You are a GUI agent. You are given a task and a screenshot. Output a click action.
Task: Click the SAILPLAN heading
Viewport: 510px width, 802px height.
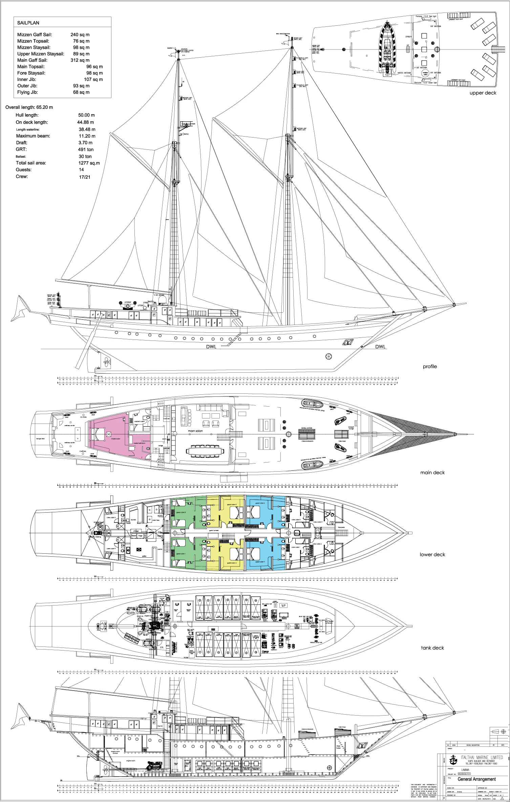28,23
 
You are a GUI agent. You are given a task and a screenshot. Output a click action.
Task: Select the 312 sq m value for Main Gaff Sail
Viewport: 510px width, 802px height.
80,60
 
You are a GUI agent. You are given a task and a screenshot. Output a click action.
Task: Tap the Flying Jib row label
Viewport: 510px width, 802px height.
27,92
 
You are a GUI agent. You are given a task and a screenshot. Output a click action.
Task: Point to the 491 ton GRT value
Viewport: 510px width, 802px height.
86,149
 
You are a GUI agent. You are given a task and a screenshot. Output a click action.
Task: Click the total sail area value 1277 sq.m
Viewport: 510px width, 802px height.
89,163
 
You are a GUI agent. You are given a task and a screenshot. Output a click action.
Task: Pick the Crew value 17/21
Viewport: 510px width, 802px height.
84,177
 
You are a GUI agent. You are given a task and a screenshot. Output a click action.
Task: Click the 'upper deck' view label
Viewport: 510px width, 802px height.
483,93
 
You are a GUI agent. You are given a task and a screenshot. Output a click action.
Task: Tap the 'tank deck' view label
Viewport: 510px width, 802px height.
432,648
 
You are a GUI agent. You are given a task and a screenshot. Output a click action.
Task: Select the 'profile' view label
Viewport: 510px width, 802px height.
430,367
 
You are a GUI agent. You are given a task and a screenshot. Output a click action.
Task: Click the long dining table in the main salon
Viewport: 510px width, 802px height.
205,451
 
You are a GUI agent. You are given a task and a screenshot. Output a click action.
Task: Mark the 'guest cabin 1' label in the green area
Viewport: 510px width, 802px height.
181,554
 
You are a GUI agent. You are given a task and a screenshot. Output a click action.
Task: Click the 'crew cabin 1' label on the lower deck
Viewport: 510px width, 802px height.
296,547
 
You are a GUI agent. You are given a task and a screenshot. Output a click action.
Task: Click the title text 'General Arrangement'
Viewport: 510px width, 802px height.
476,779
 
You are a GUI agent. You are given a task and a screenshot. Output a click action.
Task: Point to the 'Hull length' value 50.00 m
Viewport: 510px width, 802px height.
86,115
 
